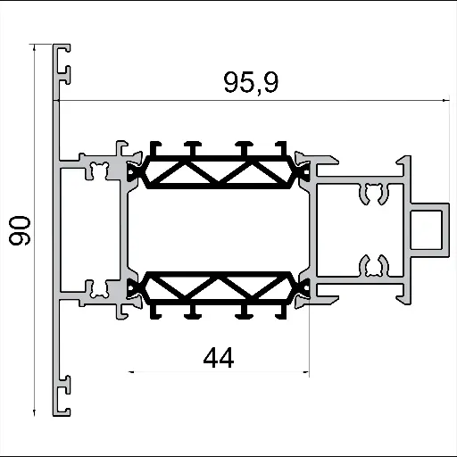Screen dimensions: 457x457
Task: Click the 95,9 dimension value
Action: coord(251,84)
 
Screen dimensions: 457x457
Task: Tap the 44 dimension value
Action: coord(219,358)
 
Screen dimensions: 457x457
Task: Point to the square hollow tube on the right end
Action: coord(429,229)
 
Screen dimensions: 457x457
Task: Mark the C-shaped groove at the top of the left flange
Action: coord(64,64)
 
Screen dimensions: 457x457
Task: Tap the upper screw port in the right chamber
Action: coord(374,191)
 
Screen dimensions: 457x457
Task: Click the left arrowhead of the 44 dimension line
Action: coord(134,371)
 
